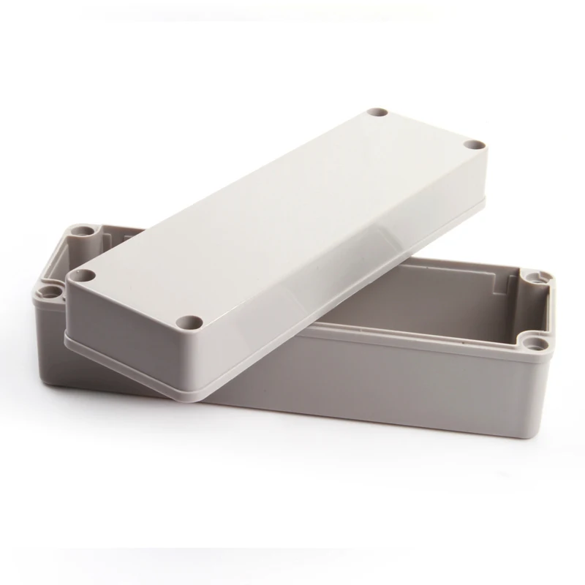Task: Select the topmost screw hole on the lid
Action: click(378, 114)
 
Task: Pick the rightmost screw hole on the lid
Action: click(474, 146)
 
